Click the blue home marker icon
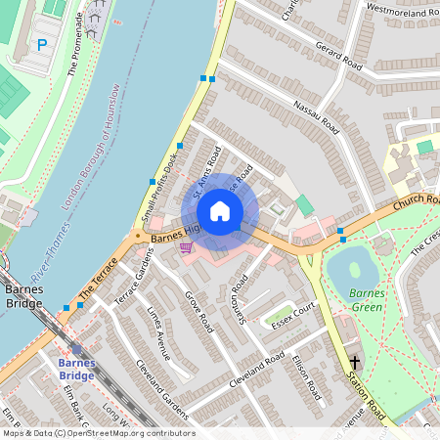click(220, 211)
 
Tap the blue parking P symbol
click(41, 44)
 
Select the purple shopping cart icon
click(185, 247)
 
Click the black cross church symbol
click(355, 363)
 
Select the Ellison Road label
click(305, 377)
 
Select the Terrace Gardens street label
click(136, 283)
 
